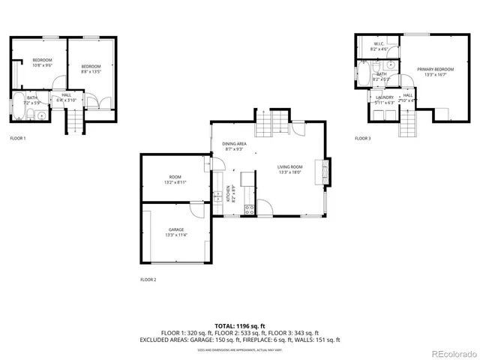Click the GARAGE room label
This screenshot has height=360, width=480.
coord(175,229)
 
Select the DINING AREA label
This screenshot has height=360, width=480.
coord(235,143)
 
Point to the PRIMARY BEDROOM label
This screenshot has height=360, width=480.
coord(435,69)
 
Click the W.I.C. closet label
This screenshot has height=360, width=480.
coord(379,44)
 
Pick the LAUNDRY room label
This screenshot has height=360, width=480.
coord(384,97)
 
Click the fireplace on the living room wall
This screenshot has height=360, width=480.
coord(324,171)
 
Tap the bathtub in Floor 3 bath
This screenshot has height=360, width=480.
coord(363,75)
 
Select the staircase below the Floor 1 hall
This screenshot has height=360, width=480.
coord(75,120)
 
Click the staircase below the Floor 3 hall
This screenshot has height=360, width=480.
coord(407,120)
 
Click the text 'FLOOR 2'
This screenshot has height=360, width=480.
coord(148,280)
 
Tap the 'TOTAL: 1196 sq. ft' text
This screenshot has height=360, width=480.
coord(239,325)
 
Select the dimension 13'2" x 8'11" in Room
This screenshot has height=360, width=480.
coord(175,182)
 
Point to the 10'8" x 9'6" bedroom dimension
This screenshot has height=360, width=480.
coord(42,65)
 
